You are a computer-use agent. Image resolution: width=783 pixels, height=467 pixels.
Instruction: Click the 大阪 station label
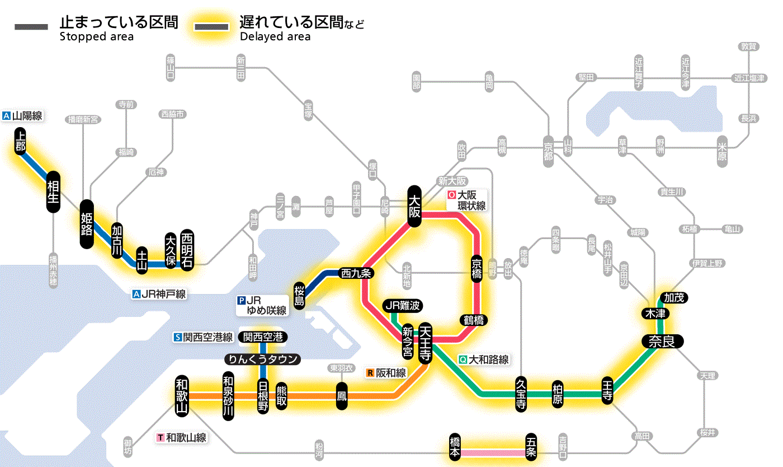pos(414,206)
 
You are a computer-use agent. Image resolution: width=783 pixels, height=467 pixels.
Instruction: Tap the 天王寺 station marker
pos(425,343)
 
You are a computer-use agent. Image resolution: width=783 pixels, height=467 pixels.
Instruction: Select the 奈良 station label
pos(662,341)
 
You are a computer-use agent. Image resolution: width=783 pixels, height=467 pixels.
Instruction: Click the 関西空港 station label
pos(263,337)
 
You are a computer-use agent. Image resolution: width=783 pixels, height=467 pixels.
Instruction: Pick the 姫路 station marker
pos(87,224)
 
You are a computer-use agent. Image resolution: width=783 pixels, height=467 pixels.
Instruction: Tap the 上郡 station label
pos(21,142)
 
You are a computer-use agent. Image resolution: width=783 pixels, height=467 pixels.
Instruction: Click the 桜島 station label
pos(300,295)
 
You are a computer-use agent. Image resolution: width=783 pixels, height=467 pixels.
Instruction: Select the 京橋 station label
pos(477,269)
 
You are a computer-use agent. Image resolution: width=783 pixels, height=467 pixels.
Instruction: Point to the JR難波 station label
pos(403,306)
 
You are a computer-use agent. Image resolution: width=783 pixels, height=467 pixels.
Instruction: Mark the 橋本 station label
pos(455,447)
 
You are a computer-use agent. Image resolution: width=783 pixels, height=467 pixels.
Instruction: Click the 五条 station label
pos(531,447)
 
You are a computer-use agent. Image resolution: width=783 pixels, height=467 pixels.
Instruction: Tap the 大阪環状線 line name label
pos(466,200)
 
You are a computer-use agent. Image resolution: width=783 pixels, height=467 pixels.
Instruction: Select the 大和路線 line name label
pos(484,359)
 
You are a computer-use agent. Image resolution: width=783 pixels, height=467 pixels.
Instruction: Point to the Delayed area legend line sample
pos(211,27)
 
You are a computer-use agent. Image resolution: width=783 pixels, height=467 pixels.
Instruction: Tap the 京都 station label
pos(548,148)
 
